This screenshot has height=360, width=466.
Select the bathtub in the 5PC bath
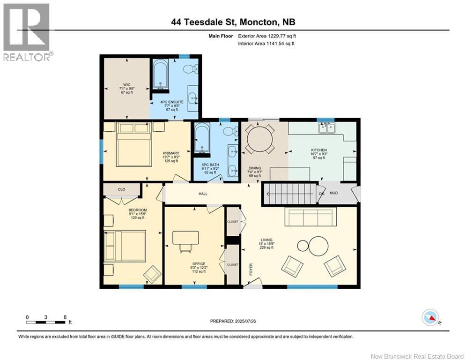pos(202,138)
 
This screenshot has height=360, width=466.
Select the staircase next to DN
pos(288,194)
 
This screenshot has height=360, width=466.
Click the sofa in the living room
pos(311,217)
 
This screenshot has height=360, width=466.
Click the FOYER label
pos(251,269)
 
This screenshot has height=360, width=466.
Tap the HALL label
pos(203,194)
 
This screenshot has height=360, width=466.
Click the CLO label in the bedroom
pos(121,189)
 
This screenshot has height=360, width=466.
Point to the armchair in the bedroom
pos(152,274)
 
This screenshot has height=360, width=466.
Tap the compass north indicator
pos(430,318)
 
